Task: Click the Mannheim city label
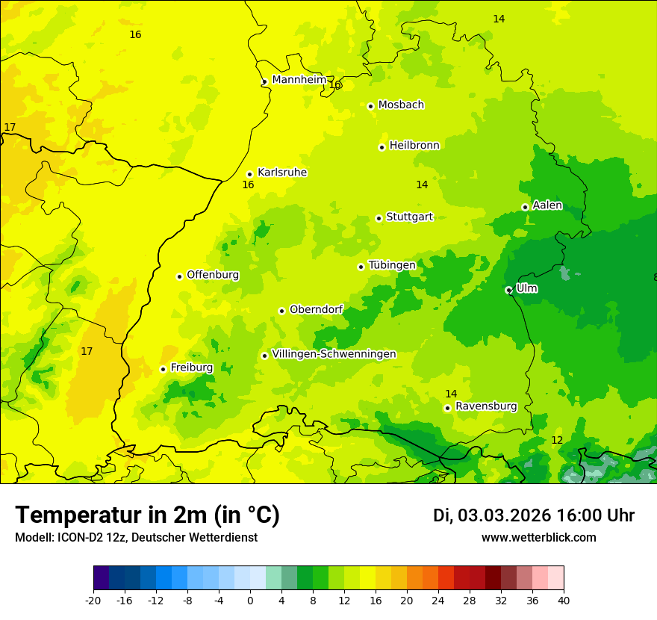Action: point(299,80)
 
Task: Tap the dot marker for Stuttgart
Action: point(379,218)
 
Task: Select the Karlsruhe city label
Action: point(282,173)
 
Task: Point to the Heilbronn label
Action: point(414,146)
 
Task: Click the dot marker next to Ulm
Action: point(508,290)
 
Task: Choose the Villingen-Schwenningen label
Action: point(334,354)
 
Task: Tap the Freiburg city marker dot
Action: point(163,369)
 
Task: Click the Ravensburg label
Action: point(486,406)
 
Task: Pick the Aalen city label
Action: point(547,205)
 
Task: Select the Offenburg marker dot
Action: point(179,276)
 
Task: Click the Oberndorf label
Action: point(317,309)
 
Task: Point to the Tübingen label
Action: point(392,265)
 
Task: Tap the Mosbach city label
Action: point(401,105)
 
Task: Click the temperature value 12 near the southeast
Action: point(557,440)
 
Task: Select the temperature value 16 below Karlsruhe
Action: point(248,185)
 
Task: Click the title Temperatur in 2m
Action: point(147,515)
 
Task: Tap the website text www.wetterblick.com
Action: point(538,538)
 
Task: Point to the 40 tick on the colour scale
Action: point(564,600)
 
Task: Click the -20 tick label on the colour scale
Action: point(93,600)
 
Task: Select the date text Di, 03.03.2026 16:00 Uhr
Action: point(533,515)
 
